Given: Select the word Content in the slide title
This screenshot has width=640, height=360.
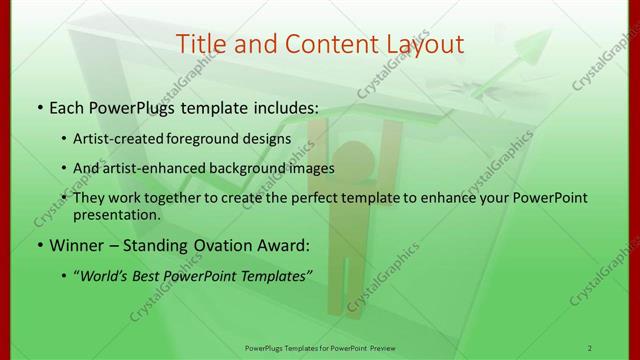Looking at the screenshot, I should [x=320, y=44].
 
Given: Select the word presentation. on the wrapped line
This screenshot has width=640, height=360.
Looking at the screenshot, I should [x=117, y=215].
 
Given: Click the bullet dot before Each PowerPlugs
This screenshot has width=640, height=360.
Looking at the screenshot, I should [x=39, y=105].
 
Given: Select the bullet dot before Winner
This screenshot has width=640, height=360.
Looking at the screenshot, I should [x=39, y=243].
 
